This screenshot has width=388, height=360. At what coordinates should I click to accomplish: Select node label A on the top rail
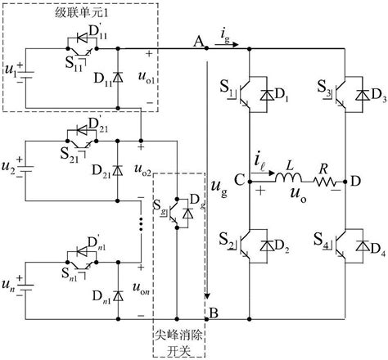pyautogui.click(x=196, y=40)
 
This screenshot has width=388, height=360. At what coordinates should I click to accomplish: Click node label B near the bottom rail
pyautogui.click(x=214, y=312)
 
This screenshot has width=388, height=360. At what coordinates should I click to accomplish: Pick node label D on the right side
pyautogui.click(x=354, y=179)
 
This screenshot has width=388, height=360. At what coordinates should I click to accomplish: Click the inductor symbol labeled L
pyautogui.click(x=287, y=179)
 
